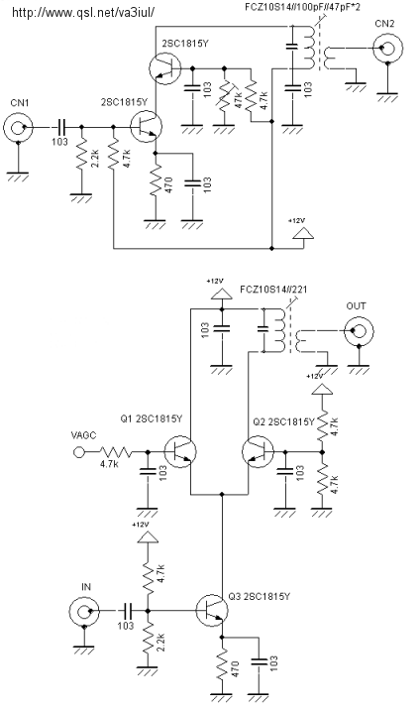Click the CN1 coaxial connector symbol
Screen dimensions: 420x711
pyautogui.click(x=18, y=127)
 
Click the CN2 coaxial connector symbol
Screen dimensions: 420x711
pyautogui.click(x=387, y=48)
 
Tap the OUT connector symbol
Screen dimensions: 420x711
pyautogui.click(x=360, y=331)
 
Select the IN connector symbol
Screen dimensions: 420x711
pyautogui.click(x=84, y=612)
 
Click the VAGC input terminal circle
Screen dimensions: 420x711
pyautogui.click(x=79, y=452)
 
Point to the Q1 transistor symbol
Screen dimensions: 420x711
pyautogui.click(x=180, y=451)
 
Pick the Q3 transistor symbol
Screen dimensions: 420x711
pyautogui.click(x=212, y=611)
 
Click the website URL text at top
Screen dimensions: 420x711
pyautogui.click(x=83, y=12)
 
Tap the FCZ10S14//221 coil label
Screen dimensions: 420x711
pyautogui.click(x=273, y=290)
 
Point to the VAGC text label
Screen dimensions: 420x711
pyautogui.click(x=84, y=435)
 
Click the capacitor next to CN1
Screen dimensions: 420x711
pyautogui.click(x=62, y=127)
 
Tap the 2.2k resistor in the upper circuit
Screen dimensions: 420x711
pyautogui.click(x=81, y=154)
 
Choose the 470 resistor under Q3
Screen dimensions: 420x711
pyautogui.click(x=222, y=665)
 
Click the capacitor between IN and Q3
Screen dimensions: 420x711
pyautogui.click(x=128, y=611)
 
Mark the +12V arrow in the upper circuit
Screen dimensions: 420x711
pyautogui.click(x=303, y=233)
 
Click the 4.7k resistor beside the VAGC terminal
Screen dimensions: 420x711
pyautogui.click(x=116, y=452)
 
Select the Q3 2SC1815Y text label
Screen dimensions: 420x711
pyautogui.click(x=260, y=597)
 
